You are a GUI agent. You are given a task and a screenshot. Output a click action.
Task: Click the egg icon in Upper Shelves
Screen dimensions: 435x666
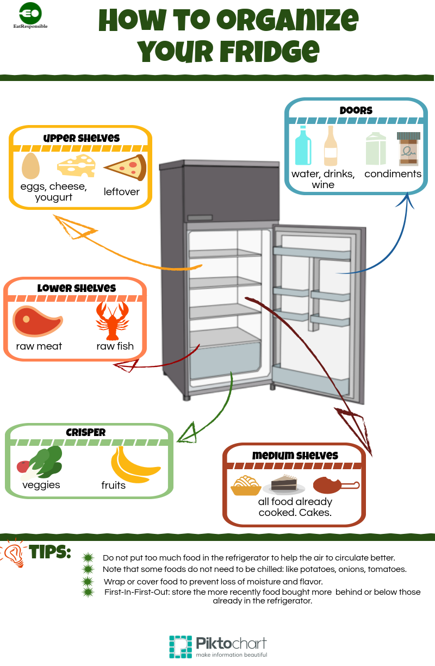[x=30, y=166]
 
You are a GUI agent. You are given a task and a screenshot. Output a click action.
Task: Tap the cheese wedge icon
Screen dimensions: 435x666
[x=77, y=166]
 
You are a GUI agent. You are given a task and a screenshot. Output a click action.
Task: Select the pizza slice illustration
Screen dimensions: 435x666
[x=126, y=167]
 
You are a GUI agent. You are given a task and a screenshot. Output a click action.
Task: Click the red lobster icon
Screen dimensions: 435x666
[x=112, y=321]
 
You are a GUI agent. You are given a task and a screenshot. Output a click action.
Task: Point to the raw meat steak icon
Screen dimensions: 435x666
[x=38, y=321]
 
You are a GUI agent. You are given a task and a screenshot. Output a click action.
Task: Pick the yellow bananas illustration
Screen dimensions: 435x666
[x=135, y=465]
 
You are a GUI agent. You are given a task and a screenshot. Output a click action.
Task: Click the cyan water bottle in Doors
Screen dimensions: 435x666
[x=303, y=145]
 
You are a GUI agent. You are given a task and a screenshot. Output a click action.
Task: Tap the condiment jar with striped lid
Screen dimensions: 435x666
[x=408, y=148]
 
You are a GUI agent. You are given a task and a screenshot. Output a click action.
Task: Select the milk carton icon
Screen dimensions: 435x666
[x=376, y=148]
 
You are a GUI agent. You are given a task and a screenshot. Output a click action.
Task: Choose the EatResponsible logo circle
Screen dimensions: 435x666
[x=30, y=13]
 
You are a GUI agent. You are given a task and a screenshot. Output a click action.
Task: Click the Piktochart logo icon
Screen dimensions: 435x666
[x=181, y=647]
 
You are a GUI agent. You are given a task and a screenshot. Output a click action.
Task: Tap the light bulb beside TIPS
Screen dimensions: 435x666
[x=14, y=553]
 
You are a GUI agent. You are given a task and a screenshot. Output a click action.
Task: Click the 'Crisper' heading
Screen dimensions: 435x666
[x=85, y=432]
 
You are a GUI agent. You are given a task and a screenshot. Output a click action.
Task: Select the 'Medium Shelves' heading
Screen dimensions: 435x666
[x=295, y=456]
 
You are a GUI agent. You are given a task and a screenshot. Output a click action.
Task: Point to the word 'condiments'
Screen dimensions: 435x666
[x=393, y=173]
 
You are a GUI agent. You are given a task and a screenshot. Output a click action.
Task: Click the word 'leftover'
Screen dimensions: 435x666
[x=121, y=192]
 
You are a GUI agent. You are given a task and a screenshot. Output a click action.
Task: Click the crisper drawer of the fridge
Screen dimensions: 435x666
[x=225, y=360]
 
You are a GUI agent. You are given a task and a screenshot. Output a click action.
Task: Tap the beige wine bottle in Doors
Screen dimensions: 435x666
[x=331, y=145]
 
